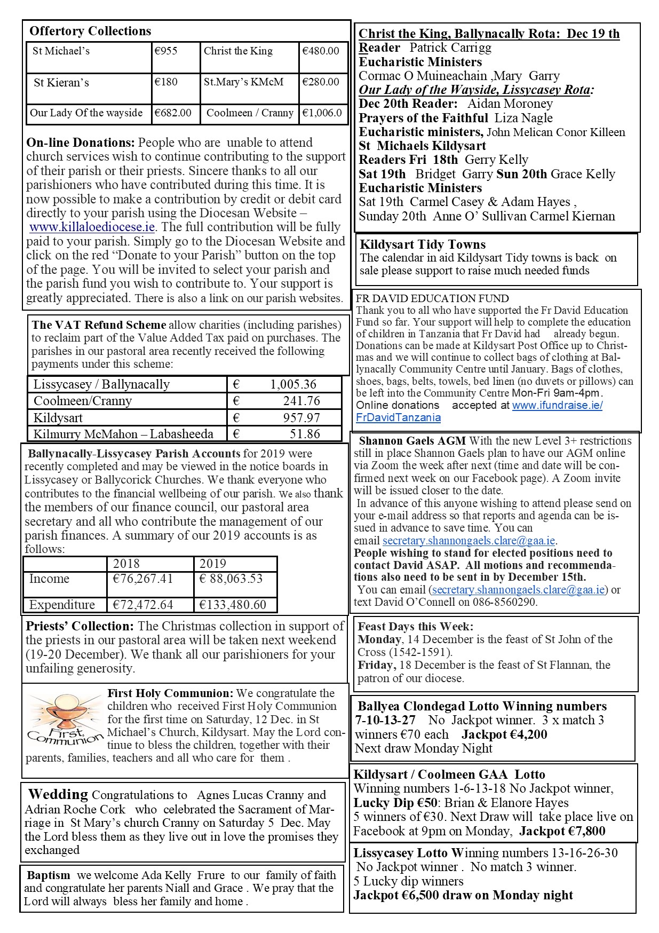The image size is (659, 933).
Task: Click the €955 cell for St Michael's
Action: pos(165,51)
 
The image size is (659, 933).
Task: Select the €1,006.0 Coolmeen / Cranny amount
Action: pos(322,113)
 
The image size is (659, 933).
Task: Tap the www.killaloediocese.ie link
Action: pos(92,227)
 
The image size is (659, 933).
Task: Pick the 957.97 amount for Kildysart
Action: pos(301,417)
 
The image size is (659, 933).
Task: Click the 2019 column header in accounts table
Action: pos(213,564)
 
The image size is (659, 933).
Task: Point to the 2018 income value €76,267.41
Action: pos(143,579)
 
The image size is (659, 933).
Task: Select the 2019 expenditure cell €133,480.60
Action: pos(233,605)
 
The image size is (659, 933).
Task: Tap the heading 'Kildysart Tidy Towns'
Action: pos(423,244)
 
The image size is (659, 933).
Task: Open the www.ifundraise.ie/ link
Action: pos(557,405)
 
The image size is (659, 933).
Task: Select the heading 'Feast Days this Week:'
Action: pos(415,627)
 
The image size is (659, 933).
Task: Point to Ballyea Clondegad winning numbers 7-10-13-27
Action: pos(385,720)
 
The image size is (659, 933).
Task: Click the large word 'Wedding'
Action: pos(58,794)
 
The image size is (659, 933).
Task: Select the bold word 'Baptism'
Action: pos(49,875)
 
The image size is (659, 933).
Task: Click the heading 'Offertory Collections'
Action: pos(90,31)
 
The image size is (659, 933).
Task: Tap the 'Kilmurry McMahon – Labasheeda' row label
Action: pos(123,434)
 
